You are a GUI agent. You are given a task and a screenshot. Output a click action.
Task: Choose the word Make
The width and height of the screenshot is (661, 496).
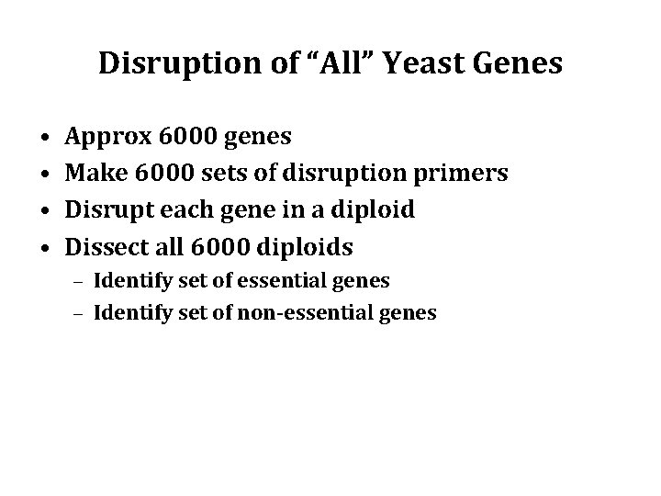click(x=95, y=174)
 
